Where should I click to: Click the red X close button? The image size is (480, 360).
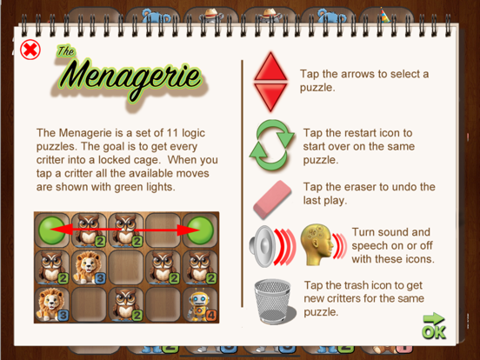pos(30,50)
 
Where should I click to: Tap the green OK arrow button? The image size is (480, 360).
pos(433,327)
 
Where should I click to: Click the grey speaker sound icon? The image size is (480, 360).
pos(262,247)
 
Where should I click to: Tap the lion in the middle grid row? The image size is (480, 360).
pos(88,267)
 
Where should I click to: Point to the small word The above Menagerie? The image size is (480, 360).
pos(65,51)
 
